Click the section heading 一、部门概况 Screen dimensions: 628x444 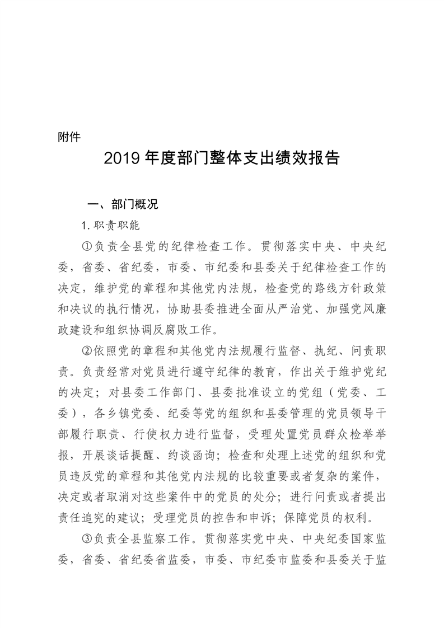point(120,204)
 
